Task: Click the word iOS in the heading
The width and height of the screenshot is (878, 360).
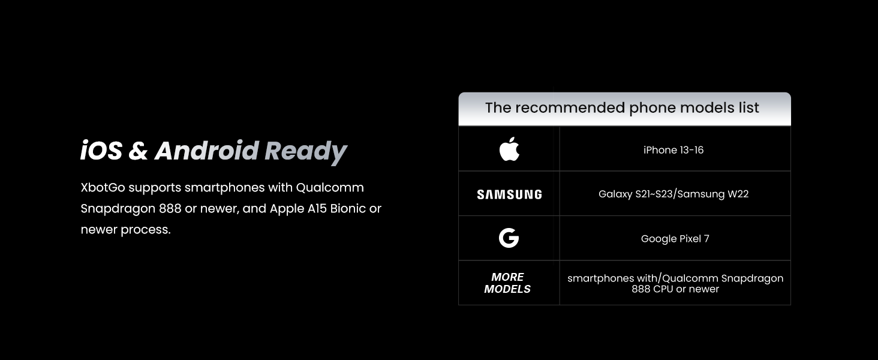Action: click(101, 151)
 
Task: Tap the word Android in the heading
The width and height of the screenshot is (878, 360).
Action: click(207, 151)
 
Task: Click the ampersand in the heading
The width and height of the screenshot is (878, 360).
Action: click(138, 151)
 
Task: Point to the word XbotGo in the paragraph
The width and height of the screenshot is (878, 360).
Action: click(103, 188)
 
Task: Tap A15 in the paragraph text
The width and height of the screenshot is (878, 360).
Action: click(315, 209)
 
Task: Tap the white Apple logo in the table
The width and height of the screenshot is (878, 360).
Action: click(509, 149)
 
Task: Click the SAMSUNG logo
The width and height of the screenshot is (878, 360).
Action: click(509, 194)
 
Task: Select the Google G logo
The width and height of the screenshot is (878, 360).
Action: click(509, 238)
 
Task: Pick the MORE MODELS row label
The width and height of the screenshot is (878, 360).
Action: click(507, 283)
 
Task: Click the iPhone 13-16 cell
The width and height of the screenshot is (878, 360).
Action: click(673, 150)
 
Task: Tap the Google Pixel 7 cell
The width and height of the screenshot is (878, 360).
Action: click(675, 239)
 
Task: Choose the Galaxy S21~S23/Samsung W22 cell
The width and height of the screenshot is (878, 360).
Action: click(673, 194)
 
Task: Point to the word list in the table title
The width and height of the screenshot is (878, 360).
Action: click(747, 108)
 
